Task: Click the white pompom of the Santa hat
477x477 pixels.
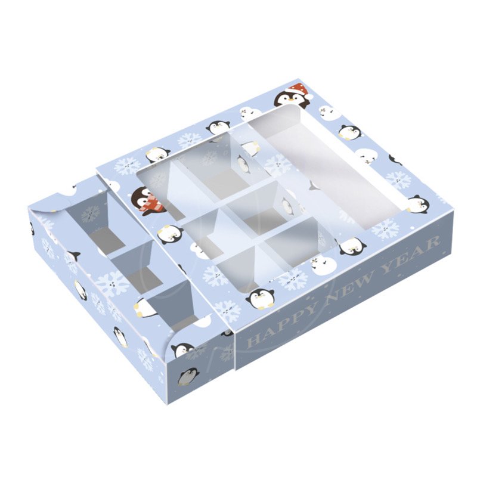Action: coord(310,95)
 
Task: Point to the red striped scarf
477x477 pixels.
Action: coord(151,205)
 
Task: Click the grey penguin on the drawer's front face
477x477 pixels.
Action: coord(188,376)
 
